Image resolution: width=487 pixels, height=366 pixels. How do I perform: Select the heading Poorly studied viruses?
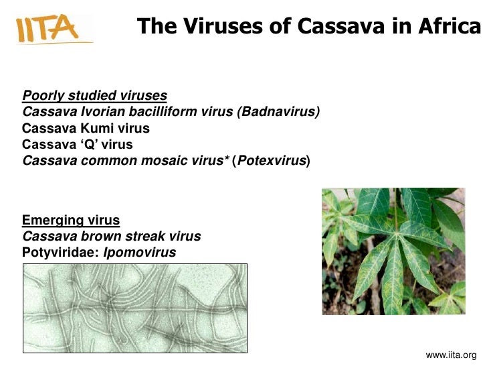[94, 95]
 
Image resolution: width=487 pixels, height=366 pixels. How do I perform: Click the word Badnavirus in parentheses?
[279, 111]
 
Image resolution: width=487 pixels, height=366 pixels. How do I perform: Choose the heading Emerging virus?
[71, 220]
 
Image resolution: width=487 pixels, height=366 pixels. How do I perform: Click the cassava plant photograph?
[393, 251]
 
